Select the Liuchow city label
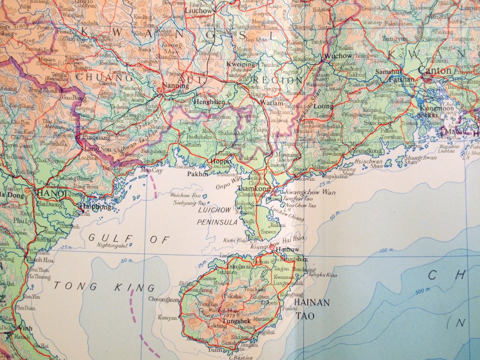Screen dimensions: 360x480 (x=198, y=11)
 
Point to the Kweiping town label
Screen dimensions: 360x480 (x=241, y=64)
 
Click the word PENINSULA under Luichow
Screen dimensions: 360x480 (x=217, y=222)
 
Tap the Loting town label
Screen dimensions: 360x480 (x=323, y=106)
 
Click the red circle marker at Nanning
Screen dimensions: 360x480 (x=159, y=89)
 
